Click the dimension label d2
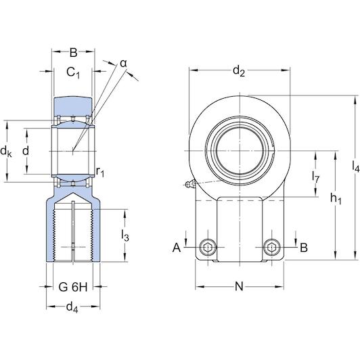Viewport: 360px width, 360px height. tap(239, 70)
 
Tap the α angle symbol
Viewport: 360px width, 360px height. tap(124, 64)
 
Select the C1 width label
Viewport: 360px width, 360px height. tap(73, 72)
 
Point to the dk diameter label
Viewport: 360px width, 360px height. tap(6, 152)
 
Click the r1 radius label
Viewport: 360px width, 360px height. tap(100, 171)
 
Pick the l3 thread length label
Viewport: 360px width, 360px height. tap(125, 235)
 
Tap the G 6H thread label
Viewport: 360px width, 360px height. tap(73, 287)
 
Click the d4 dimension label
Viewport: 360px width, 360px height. tap(72, 307)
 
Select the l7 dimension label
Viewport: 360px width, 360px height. tap(316, 177)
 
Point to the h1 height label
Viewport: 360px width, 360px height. tap(336, 198)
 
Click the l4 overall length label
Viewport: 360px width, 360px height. tap(356, 166)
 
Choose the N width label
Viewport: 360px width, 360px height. tap(239, 286)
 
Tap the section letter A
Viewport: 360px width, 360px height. tap(177, 248)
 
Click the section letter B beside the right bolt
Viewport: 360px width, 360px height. tap(304, 248)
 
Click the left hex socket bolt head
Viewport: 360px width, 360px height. tap(208, 247)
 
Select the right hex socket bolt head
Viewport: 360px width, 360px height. tap(272, 247)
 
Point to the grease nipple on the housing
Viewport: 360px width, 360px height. tap(191, 184)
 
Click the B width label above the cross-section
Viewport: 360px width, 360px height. tap(73, 53)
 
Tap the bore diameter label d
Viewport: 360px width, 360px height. tap(26, 152)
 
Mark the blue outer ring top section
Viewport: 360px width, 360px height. tap(73, 106)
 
